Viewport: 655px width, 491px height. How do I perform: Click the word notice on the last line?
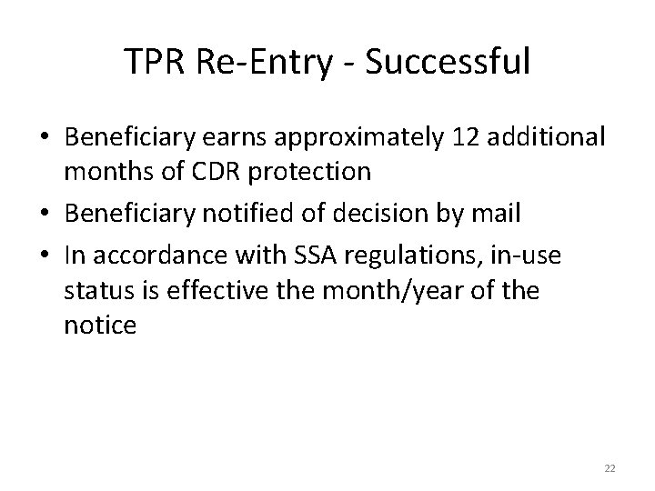point(100,326)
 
